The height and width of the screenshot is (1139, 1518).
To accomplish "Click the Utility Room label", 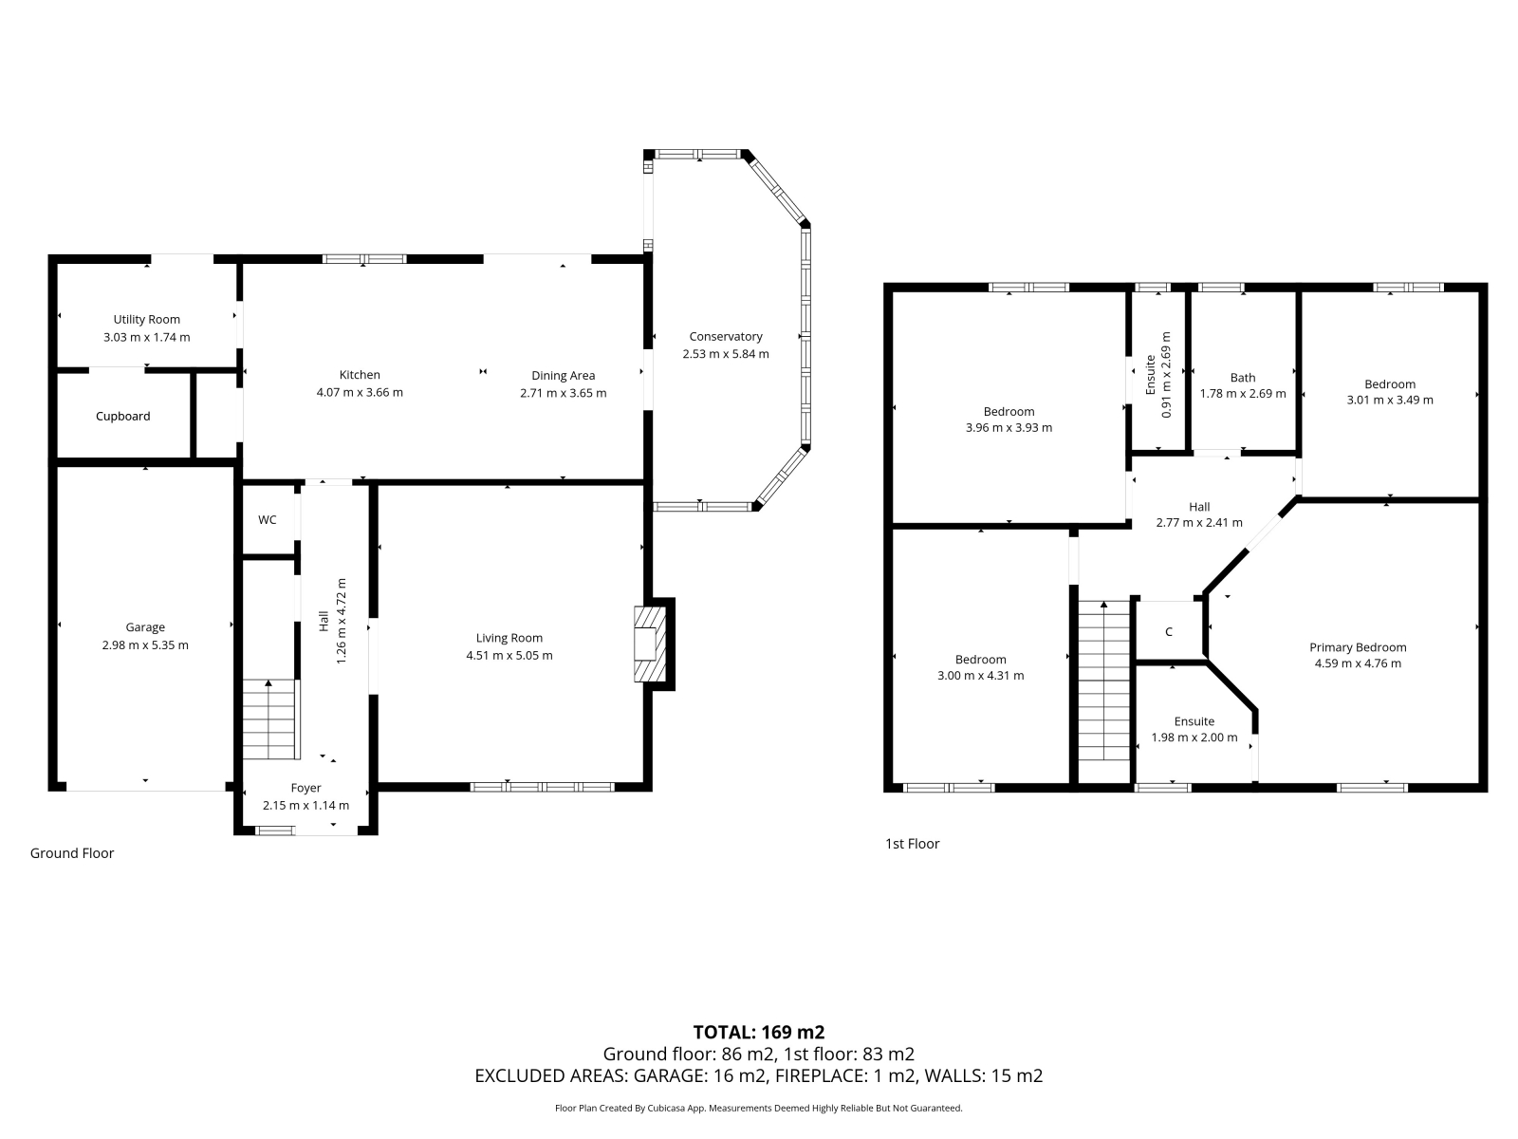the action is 147,320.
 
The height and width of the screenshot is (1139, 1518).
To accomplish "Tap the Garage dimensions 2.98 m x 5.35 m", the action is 145,645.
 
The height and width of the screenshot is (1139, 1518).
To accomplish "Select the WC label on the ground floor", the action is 268,520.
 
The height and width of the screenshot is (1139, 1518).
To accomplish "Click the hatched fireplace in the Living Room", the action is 650,644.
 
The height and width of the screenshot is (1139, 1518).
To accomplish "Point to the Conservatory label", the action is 726,337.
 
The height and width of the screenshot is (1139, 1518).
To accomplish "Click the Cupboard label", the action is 123,417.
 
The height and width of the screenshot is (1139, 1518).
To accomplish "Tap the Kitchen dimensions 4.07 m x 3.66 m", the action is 360,393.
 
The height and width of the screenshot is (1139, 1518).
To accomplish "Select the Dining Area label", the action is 563,376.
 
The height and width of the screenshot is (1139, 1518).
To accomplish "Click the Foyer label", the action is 305,788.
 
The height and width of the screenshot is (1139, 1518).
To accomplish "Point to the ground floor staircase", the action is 270,719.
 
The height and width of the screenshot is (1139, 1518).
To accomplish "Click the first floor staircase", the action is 1104,681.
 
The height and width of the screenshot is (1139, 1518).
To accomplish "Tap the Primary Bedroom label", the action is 1358,648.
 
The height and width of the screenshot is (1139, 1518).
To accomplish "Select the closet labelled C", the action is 1169,631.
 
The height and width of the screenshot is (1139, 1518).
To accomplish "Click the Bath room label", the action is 1243,378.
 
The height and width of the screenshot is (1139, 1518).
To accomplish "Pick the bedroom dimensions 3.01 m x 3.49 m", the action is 1390,401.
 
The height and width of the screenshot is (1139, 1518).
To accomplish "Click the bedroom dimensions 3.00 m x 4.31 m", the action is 981,676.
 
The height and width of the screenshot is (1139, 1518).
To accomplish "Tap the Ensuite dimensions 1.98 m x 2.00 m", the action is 1194,738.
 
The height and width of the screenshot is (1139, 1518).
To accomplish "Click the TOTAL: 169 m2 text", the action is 759,1033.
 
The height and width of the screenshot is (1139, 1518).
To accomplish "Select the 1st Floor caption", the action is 912,844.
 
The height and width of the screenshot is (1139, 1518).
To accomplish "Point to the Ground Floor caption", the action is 72,853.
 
